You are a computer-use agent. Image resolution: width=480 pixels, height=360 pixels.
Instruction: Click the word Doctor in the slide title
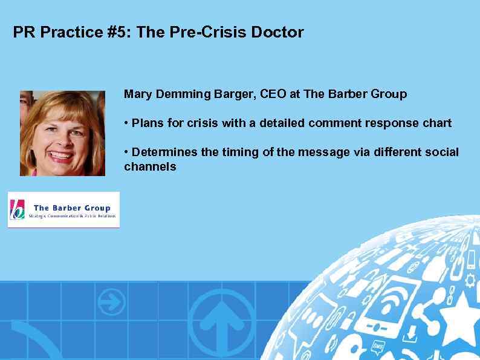279,32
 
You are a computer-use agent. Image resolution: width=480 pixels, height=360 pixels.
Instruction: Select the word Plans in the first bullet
146,123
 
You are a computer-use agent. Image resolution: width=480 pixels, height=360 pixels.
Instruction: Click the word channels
150,166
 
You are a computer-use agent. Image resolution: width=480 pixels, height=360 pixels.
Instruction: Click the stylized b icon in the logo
18,209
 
